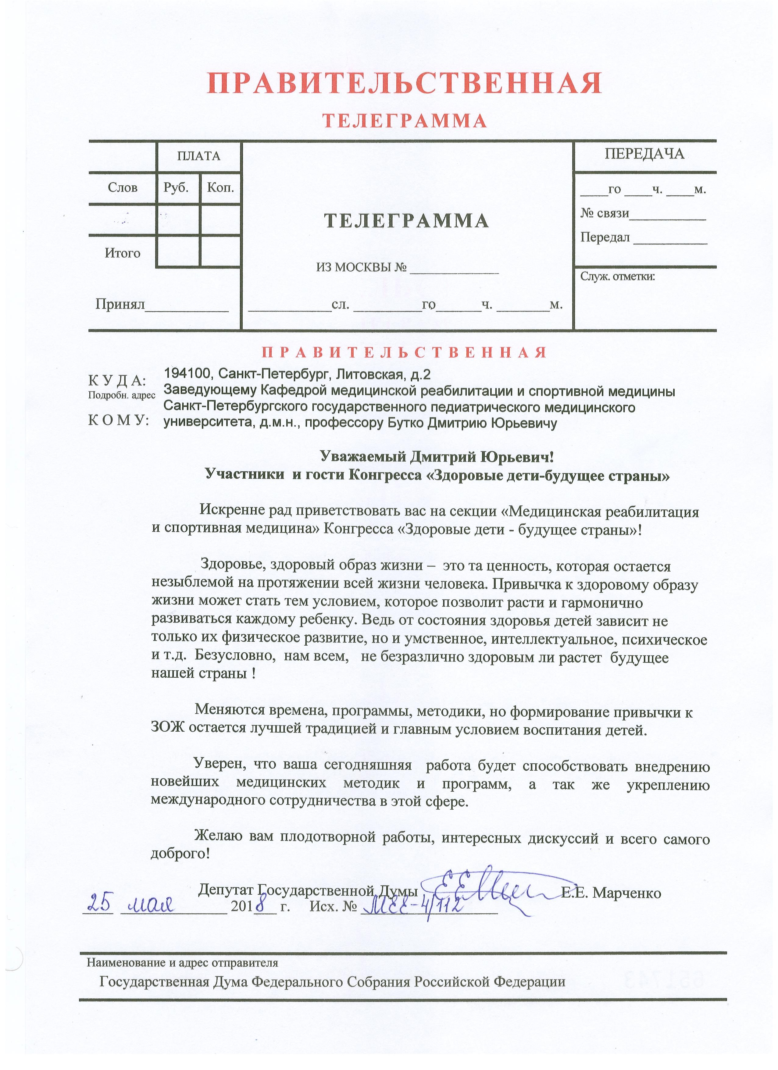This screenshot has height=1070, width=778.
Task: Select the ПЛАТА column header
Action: [199, 156]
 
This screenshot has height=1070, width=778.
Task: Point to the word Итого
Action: [123, 253]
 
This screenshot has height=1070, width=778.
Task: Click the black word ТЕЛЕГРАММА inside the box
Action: [406, 221]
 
